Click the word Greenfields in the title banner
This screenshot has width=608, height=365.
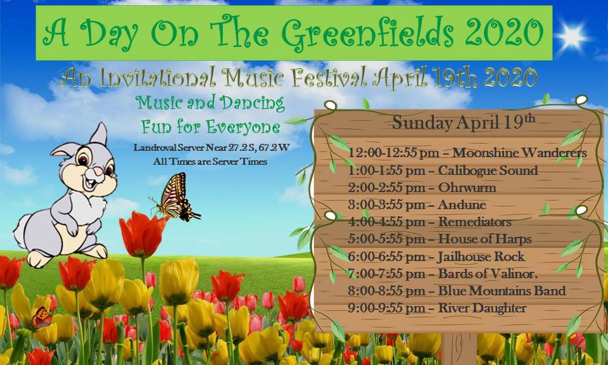coord(367,33)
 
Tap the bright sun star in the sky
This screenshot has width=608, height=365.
coord(571,37)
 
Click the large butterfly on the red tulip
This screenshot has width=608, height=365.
coord(175,197)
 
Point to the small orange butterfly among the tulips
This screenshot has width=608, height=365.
coord(42,317)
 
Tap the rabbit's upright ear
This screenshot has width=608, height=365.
coord(99,134)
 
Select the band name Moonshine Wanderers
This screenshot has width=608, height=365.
coord(519,153)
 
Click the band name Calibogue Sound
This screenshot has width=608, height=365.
coord(488,170)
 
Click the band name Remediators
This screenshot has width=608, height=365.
coord(474,222)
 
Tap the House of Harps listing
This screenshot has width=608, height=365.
coord(484,239)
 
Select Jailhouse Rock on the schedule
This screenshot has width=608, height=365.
coord(481,257)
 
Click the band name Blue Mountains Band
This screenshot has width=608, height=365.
coord(502,290)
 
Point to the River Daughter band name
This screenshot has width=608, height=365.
coord(483,308)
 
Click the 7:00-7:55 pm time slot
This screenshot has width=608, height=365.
coord(386,274)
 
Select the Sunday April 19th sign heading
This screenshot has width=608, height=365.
coord(464,122)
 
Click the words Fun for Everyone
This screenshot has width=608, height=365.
coord(210,127)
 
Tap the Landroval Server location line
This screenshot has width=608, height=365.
coord(212,148)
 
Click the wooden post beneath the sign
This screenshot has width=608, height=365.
coord(459,349)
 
